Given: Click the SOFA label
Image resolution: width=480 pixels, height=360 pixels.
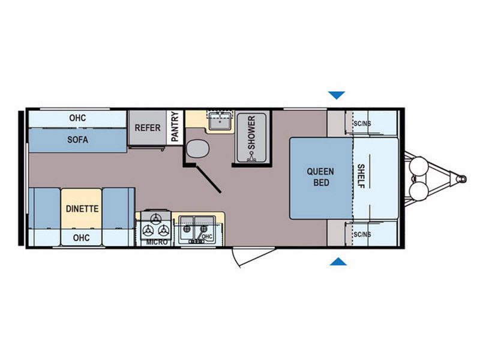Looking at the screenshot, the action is [x=78, y=140].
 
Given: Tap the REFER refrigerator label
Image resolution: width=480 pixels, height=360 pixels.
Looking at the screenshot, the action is [x=148, y=128].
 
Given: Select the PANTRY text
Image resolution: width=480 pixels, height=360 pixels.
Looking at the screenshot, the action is [x=175, y=127].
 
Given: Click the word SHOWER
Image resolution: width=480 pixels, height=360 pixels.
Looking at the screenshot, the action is [x=251, y=133].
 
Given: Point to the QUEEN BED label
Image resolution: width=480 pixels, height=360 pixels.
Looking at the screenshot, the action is [x=321, y=177].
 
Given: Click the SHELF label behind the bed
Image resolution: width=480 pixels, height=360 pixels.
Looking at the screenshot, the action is [x=361, y=176].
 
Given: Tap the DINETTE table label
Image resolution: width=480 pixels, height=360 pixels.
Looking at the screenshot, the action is [x=82, y=209].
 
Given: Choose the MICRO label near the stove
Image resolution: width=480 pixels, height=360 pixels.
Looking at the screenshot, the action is [x=157, y=242].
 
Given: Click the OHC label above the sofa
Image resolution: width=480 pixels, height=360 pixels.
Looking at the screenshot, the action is [x=77, y=118].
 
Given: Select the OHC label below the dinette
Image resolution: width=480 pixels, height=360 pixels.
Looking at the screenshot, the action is [x=81, y=238].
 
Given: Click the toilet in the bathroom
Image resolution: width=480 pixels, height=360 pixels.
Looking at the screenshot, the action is [x=198, y=149].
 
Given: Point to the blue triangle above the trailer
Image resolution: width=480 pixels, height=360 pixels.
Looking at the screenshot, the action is [x=337, y=95].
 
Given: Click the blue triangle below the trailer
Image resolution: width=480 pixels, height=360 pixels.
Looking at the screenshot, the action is [x=338, y=262].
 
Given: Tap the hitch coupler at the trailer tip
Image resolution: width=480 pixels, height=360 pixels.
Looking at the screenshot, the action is [x=461, y=179].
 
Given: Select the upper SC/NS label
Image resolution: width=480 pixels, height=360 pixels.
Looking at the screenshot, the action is [x=362, y=124].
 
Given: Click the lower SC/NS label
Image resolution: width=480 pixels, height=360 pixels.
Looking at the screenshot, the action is [x=362, y=235].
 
